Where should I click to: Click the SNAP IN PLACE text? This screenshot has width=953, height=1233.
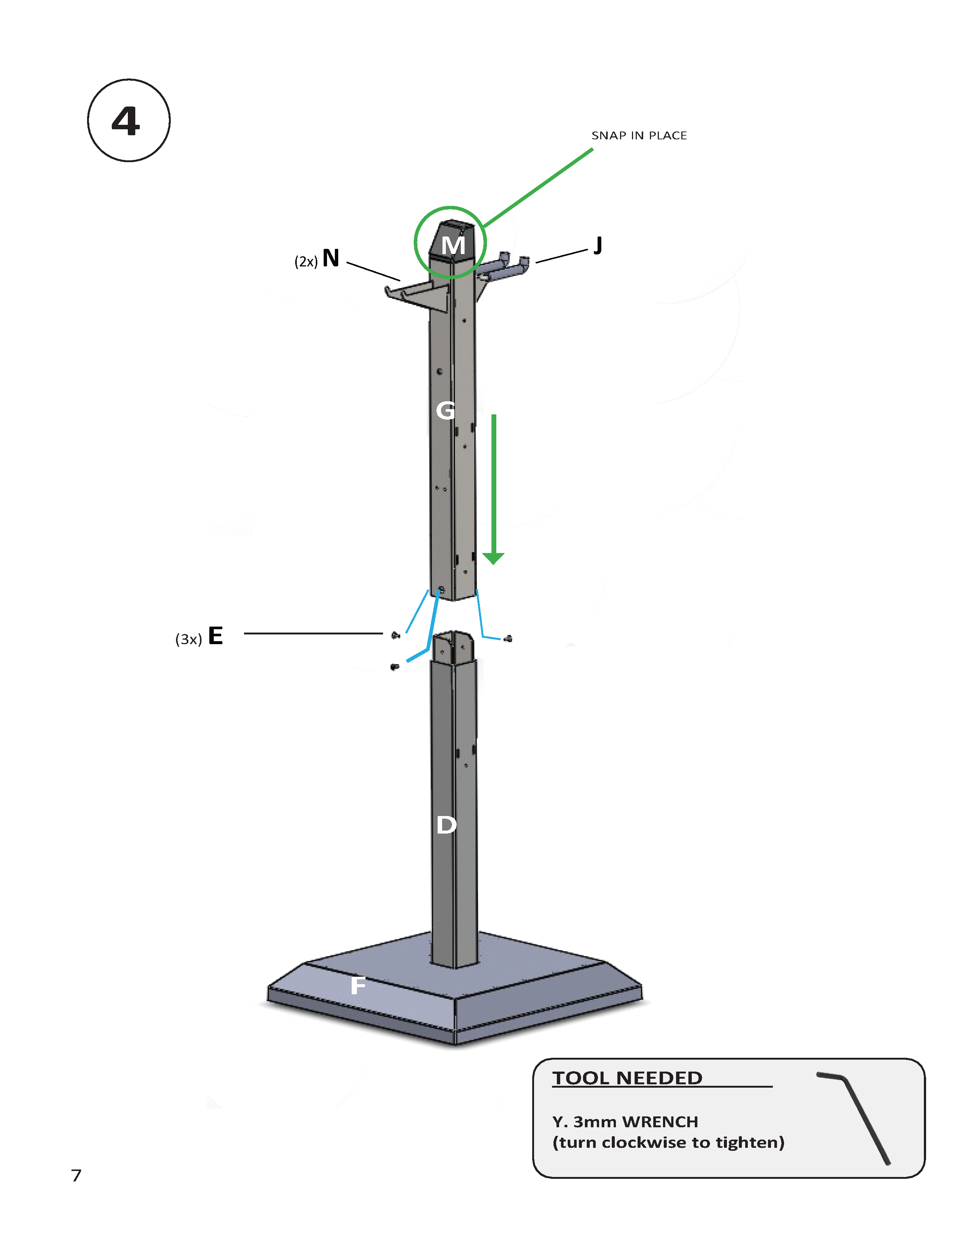coord(639,136)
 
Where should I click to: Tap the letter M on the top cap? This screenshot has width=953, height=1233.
coord(453,245)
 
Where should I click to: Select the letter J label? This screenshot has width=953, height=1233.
coord(598,245)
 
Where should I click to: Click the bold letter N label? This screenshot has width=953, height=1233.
coord(331,258)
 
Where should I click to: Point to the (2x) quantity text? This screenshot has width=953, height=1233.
coord(305,262)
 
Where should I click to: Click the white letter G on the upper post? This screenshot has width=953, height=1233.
coord(445,410)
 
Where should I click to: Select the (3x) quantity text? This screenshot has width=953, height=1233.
coord(188,639)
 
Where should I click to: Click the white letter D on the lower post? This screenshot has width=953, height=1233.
coord(446,825)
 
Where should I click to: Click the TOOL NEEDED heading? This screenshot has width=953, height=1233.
coord(627,1078)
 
